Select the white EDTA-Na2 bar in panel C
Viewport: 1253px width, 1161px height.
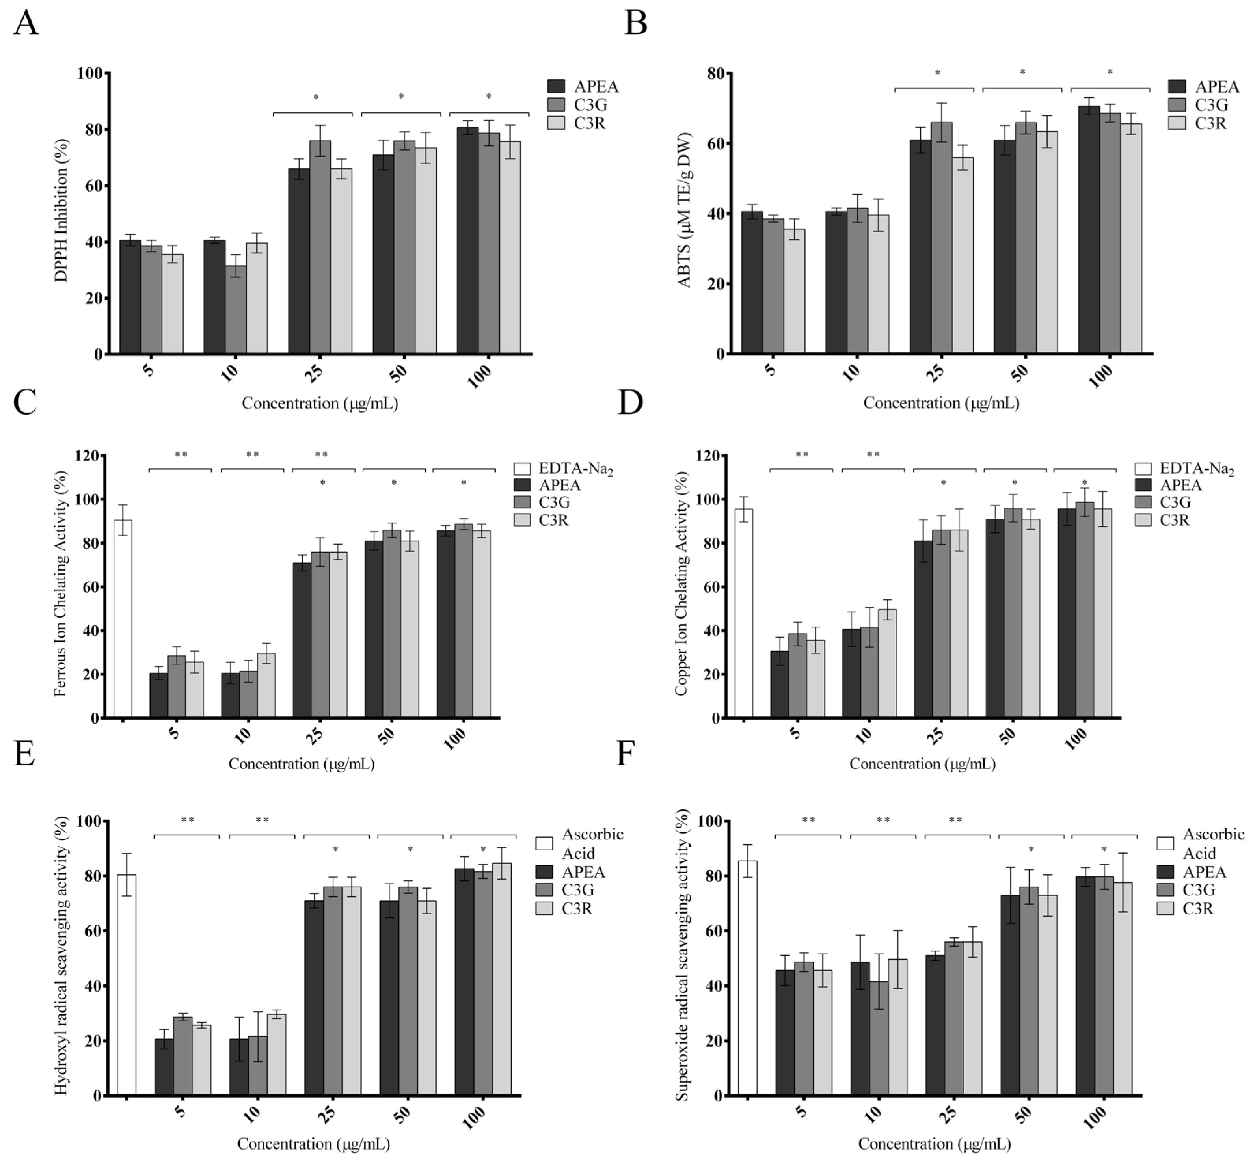coord(123,619)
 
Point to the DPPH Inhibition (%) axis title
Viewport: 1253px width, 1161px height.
coord(61,210)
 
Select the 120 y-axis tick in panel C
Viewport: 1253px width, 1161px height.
coord(87,456)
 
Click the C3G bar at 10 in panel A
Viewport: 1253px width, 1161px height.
coord(236,309)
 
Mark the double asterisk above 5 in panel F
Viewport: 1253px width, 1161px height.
coord(808,821)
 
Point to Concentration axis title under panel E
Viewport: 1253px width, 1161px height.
coord(314,1143)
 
